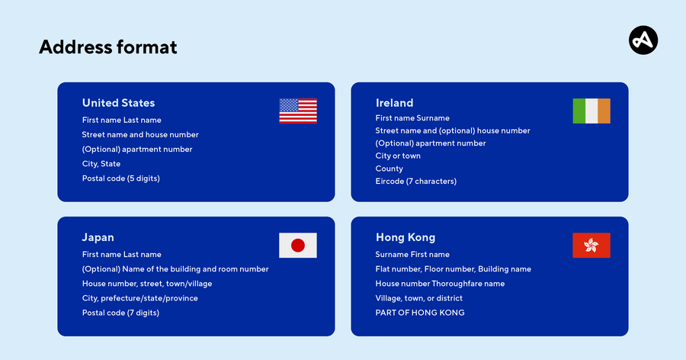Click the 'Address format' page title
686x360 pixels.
(107, 47)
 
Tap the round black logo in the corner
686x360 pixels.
(643, 40)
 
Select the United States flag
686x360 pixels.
(298, 111)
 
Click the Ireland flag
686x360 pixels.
(591, 111)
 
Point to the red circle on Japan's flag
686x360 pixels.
(298, 246)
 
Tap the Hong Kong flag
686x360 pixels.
(591, 246)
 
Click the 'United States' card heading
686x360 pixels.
(118, 103)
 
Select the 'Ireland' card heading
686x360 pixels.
(394, 103)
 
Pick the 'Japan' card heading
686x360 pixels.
(98, 237)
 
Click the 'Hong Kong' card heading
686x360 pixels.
(406, 237)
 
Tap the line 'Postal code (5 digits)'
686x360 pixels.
(120, 178)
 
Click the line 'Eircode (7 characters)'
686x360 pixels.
(415, 182)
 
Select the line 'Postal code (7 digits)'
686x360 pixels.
(120, 313)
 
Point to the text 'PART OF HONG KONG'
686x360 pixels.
(419, 313)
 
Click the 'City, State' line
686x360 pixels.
(101, 164)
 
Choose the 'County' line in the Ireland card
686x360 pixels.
(389, 169)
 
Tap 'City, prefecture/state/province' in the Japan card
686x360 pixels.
(139, 298)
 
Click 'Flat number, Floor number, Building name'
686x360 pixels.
(453, 269)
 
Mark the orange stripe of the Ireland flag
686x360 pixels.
(604, 111)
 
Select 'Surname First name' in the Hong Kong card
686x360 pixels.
(412, 255)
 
